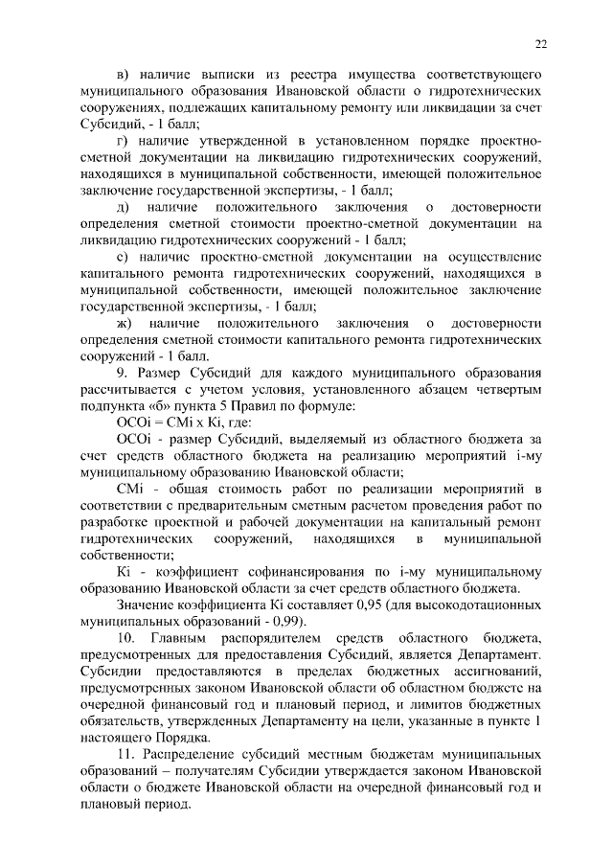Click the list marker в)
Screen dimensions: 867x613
123,74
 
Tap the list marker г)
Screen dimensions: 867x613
122,141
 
